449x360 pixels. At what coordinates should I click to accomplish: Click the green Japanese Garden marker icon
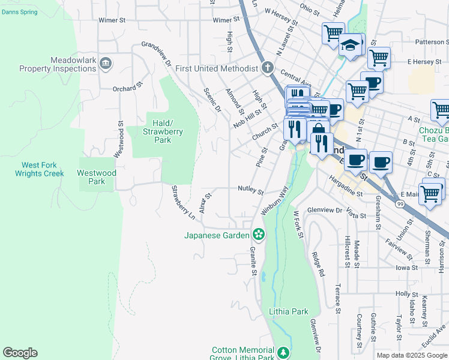(259, 234)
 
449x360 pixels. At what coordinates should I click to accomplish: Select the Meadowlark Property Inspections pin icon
(106, 63)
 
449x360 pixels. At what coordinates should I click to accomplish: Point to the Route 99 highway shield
(400, 204)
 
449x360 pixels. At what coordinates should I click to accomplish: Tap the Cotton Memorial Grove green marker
(283, 352)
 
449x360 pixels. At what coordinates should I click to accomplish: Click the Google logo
(20, 353)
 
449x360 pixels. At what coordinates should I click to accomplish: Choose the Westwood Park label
(96, 177)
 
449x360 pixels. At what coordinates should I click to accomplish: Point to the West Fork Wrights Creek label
(43, 169)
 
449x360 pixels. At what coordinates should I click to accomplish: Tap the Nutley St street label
(250, 190)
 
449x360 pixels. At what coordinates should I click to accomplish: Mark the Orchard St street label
(127, 88)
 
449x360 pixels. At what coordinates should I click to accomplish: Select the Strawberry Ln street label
(183, 202)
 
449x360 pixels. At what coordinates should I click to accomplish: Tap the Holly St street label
(406, 294)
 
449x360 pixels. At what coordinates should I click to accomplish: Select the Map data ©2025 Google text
(412, 355)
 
